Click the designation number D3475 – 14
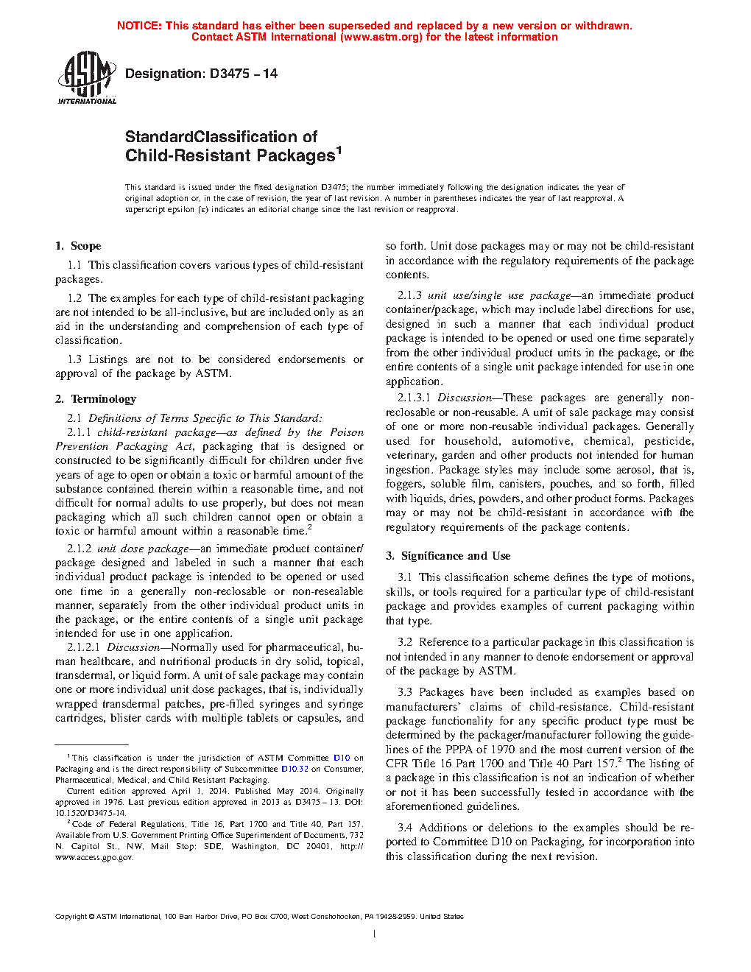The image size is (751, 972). [x=244, y=74]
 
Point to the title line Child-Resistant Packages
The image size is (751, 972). [x=230, y=156]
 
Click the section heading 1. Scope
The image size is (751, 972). [x=78, y=246]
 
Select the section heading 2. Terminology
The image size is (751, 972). [x=96, y=399]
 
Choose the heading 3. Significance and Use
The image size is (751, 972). [x=448, y=556]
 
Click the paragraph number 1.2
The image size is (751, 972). [x=74, y=298]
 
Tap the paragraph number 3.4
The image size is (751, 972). [x=405, y=828]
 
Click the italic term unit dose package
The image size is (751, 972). [x=143, y=549]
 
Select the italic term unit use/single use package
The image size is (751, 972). [x=499, y=295]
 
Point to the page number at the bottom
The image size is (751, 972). [x=375, y=934]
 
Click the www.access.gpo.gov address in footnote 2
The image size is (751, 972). [x=94, y=857]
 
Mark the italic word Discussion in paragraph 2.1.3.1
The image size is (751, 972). [x=465, y=398]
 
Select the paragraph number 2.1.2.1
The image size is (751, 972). [x=83, y=647]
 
